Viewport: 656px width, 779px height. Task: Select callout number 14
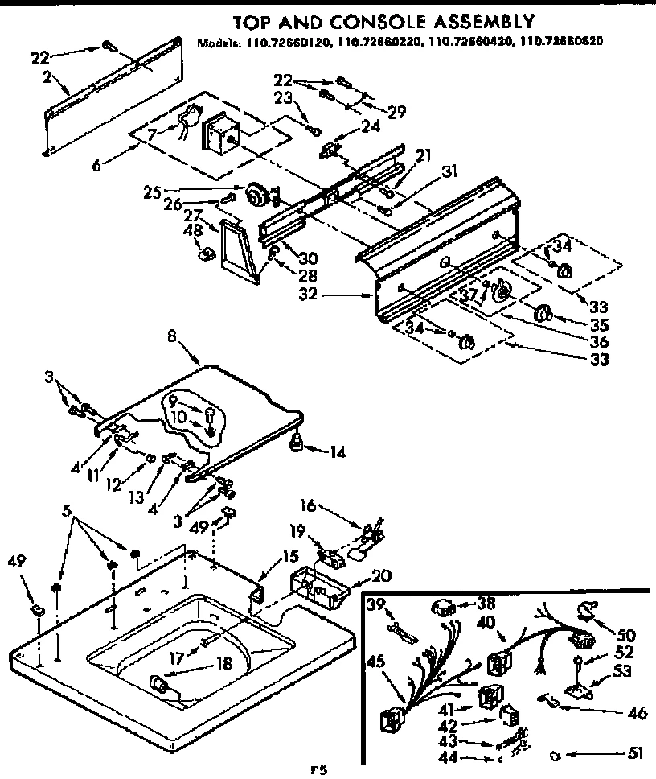point(337,452)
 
